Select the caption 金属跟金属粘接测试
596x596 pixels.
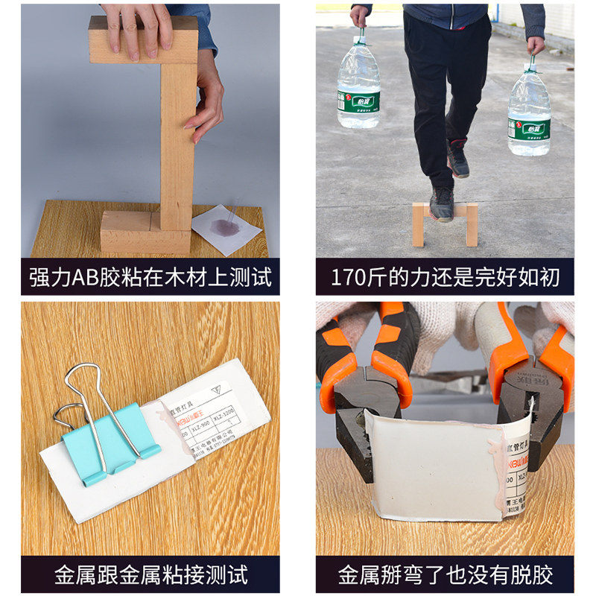[150, 575]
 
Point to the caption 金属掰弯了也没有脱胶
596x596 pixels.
[445, 575]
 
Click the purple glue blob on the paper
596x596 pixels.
[224, 225]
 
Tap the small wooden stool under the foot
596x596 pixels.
[445, 224]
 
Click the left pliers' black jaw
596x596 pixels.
[365, 417]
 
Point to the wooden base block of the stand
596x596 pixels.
[145, 231]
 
